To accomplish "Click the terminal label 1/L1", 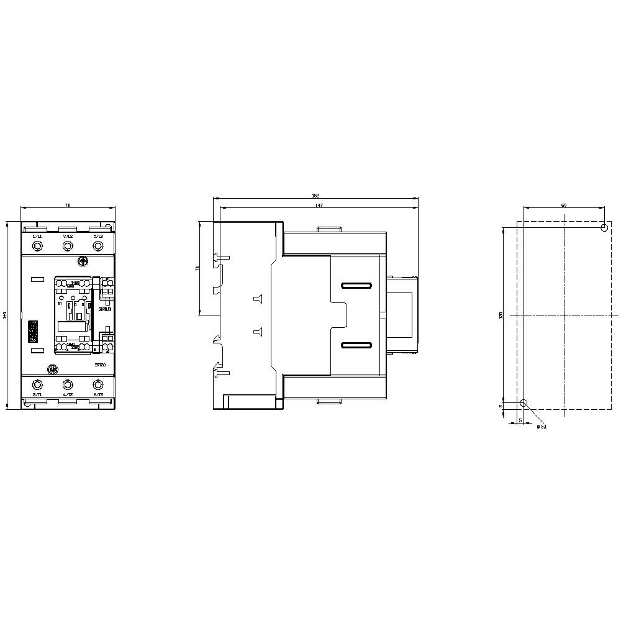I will click(x=37, y=237).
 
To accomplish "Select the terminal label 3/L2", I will click(x=67, y=237).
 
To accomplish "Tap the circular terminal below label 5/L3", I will click(x=97, y=246).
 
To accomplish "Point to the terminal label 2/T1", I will click(x=37, y=395).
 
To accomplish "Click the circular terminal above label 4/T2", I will click(x=67, y=385).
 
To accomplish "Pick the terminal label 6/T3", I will click(x=97, y=395).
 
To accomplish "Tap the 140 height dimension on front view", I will click(x=6, y=315).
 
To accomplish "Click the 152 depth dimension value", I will click(x=315, y=196).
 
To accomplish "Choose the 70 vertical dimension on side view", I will click(x=197, y=268).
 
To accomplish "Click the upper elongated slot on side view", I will click(x=356, y=286).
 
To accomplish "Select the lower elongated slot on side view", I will click(x=356, y=345).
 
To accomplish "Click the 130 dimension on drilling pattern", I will click(x=501, y=315).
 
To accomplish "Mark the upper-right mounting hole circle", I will click(x=604, y=229).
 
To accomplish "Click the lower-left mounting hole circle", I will click(x=524, y=403).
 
